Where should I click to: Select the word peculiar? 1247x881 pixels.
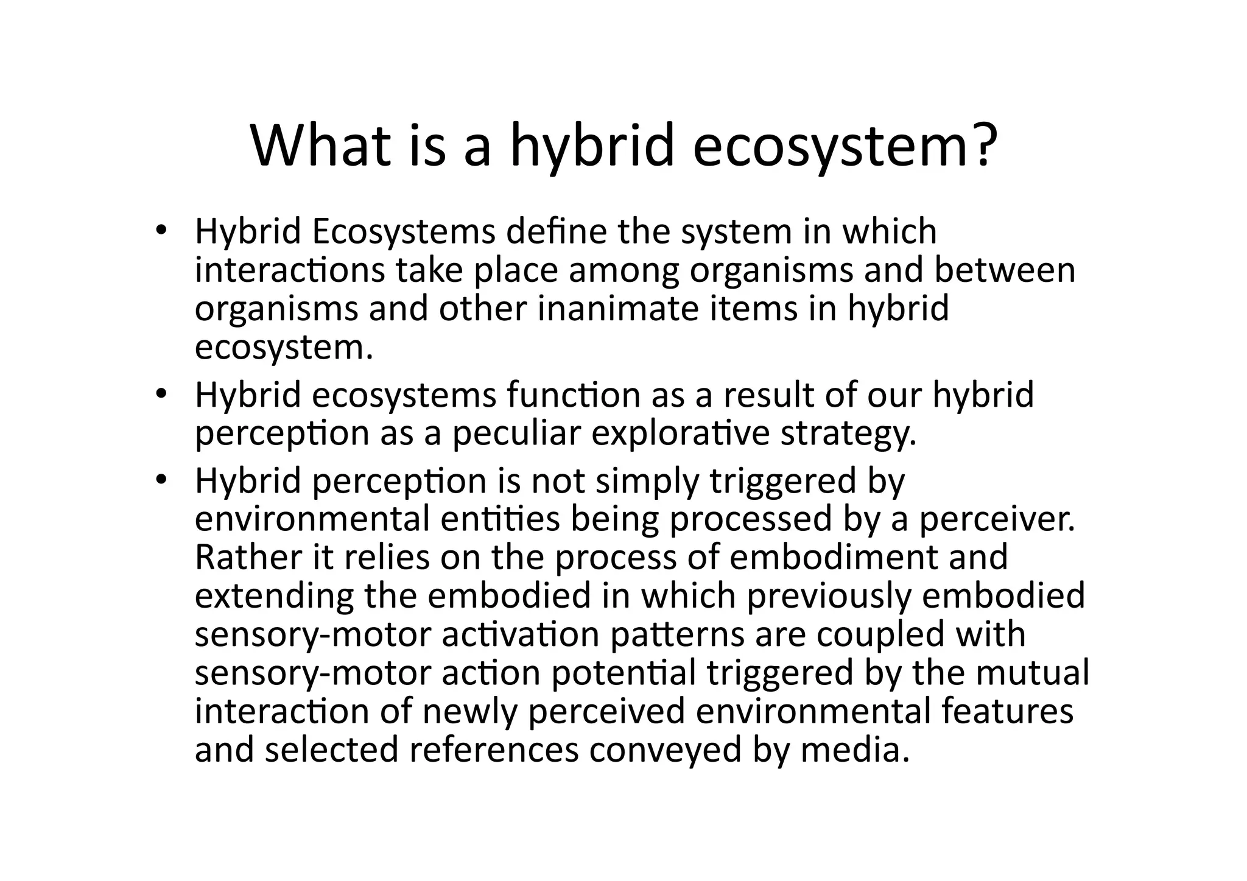[x=516, y=433]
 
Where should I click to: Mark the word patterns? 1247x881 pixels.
[x=677, y=635]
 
